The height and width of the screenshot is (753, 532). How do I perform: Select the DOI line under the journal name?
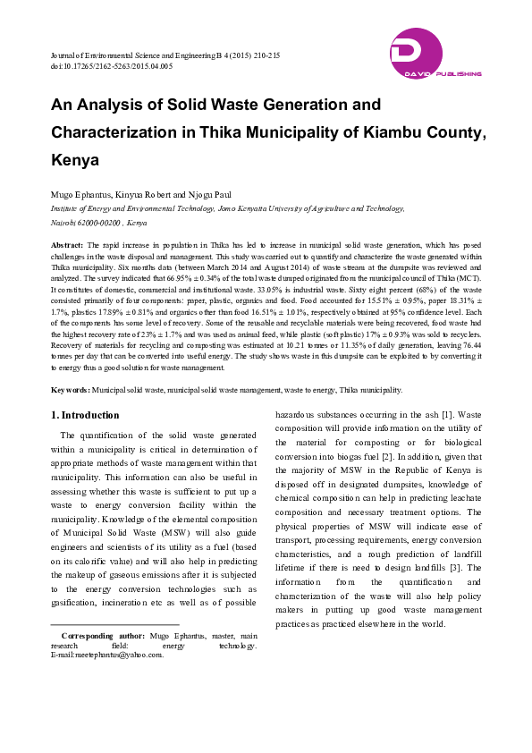(112, 67)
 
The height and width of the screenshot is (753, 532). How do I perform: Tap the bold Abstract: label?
(68, 244)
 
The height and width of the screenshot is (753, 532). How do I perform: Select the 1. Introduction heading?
(85, 415)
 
